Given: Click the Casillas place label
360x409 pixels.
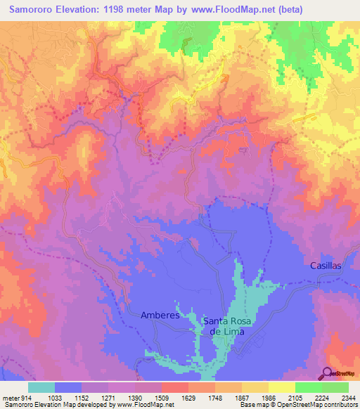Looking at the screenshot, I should coord(326,266).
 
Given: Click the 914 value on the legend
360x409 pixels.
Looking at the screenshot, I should coord(26,398).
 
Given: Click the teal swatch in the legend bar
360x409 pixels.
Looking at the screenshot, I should coord(41,387).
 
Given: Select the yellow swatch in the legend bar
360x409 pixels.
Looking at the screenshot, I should coord(281,387).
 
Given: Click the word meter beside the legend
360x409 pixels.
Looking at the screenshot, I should coord(10,398).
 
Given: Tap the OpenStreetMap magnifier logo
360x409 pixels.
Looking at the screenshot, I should coord(328,373).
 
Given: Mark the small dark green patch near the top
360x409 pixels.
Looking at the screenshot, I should coord(186,46).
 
